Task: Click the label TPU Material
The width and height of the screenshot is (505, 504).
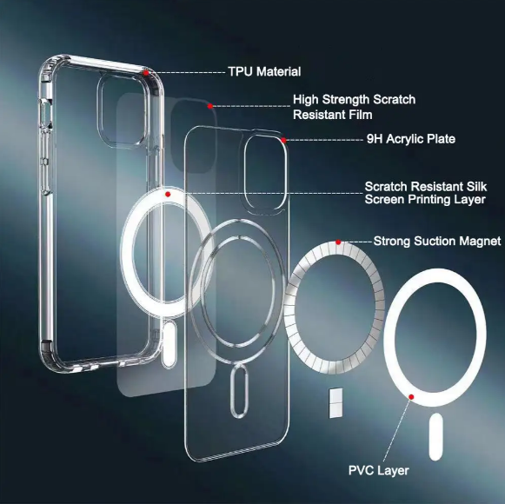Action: pyautogui.click(x=264, y=71)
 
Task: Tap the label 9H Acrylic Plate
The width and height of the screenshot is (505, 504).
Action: pyautogui.click(x=411, y=139)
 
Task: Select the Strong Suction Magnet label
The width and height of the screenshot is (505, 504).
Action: pyautogui.click(x=437, y=241)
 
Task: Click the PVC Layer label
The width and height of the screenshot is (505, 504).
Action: pyautogui.click(x=378, y=470)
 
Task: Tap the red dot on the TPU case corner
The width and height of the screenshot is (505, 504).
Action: pyautogui.click(x=146, y=73)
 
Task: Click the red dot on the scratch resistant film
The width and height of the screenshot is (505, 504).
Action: pyautogui.click(x=209, y=106)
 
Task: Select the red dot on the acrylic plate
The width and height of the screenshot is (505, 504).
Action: pyautogui.click(x=283, y=140)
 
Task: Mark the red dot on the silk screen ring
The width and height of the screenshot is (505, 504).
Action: pyautogui.click(x=168, y=194)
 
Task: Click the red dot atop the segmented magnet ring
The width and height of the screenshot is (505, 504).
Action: pyautogui.click(x=338, y=242)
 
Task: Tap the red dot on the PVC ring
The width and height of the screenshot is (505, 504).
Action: pyautogui.click(x=411, y=397)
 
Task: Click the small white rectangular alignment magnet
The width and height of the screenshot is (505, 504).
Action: pyautogui.click(x=336, y=403)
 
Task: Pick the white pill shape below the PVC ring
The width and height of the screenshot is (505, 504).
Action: pyautogui.click(x=435, y=437)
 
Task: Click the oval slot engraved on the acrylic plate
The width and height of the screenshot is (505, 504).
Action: pyautogui.click(x=239, y=391)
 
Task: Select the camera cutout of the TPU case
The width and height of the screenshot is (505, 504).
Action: pyautogui.click(x=101, y=109)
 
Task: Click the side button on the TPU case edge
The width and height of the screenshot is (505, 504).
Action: pyautogui.click(x=46, y=115)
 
